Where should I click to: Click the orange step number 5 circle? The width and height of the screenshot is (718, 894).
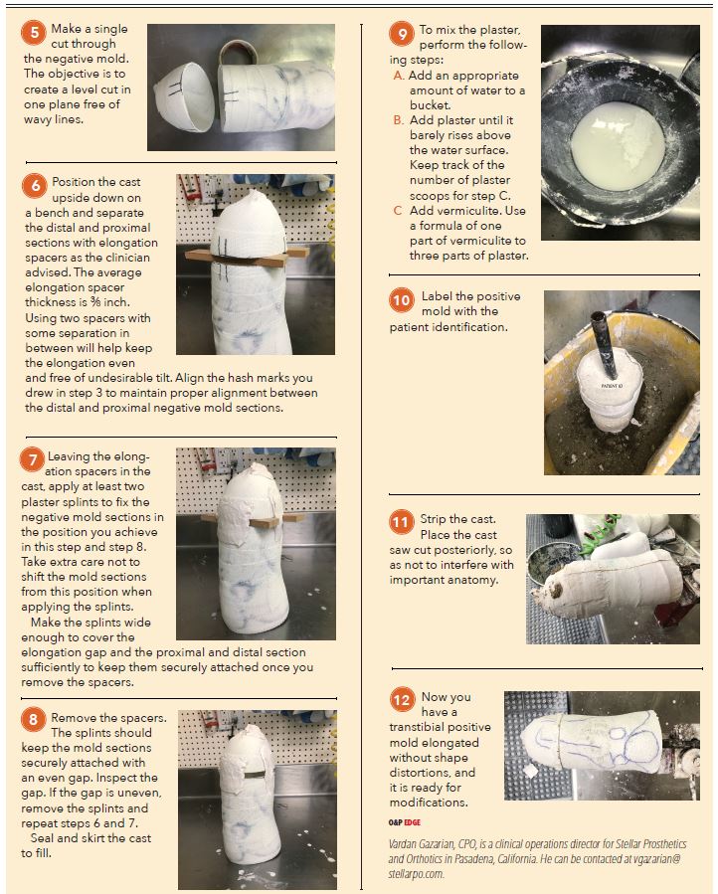point(34,32)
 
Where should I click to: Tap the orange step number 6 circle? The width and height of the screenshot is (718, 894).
point(34,186)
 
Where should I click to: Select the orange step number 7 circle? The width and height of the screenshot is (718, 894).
point(34,459)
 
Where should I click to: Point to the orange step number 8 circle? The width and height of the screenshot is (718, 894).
point(34,720)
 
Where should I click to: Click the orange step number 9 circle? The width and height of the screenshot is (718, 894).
point(403,35)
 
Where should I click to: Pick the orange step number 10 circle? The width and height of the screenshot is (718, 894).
point(402,300)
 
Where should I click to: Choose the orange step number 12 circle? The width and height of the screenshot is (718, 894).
point(402,700)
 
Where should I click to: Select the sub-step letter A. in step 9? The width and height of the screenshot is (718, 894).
point(399,75)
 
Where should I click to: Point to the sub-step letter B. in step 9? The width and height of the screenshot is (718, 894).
point(399,120)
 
